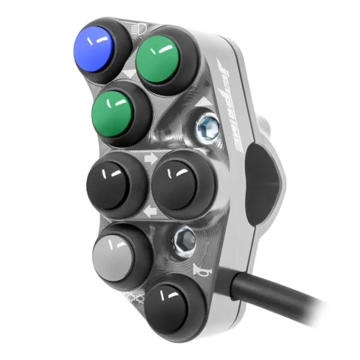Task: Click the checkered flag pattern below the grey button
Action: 133,298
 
